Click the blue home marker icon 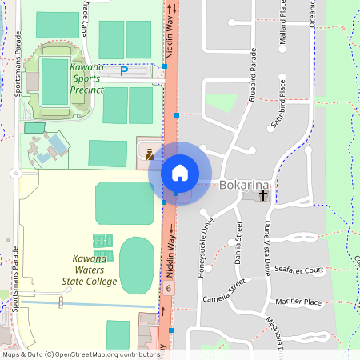(x=180, y=173)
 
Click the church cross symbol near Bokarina (x=263, y=194)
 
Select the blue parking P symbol (x=123, y=71)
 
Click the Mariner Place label (x=298, y=302)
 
